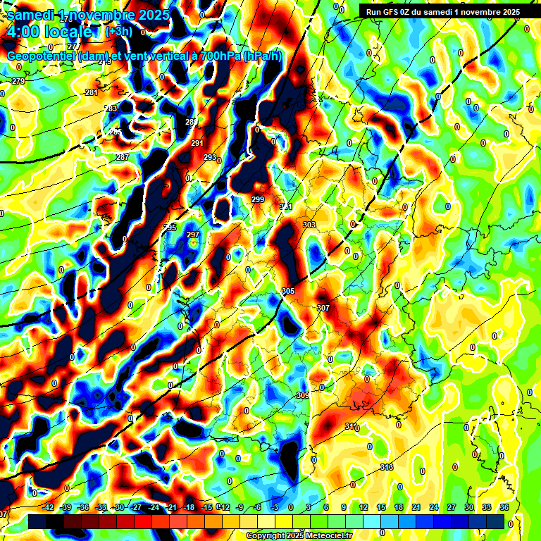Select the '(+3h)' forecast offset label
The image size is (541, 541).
pyautogui.click(x=118, y=32)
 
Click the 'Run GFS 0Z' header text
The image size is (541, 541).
pyautogui.click(x=394, y=11)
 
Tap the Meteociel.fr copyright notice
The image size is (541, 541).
pyautogui.click(x=299, y=536)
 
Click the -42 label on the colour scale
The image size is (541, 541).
pyautogui.click(x=49, y=507)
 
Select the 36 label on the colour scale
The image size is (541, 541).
pyautogui.click(x=504, y=507)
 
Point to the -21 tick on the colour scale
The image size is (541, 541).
pyautogui.click(x=171, y=507)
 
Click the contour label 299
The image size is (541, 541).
pyautogui.click(x=258, y=200)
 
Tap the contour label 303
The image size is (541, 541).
pyautogui.click(x=309, y=225)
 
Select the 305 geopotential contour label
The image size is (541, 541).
pyautogui.click(x=287, y=291)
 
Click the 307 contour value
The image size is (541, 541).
pyautogui.click(x=323, y=309)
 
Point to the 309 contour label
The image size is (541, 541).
pyautogui.click(x=303, y=395)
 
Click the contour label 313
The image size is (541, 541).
pyautogui.click(x=386, y=468)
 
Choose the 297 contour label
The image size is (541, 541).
pyautogui.click(x=194, y=235)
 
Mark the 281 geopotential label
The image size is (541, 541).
pyautogui.click(x=92, y=93)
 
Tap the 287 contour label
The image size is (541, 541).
pyautogui.click(x=123, y=157)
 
